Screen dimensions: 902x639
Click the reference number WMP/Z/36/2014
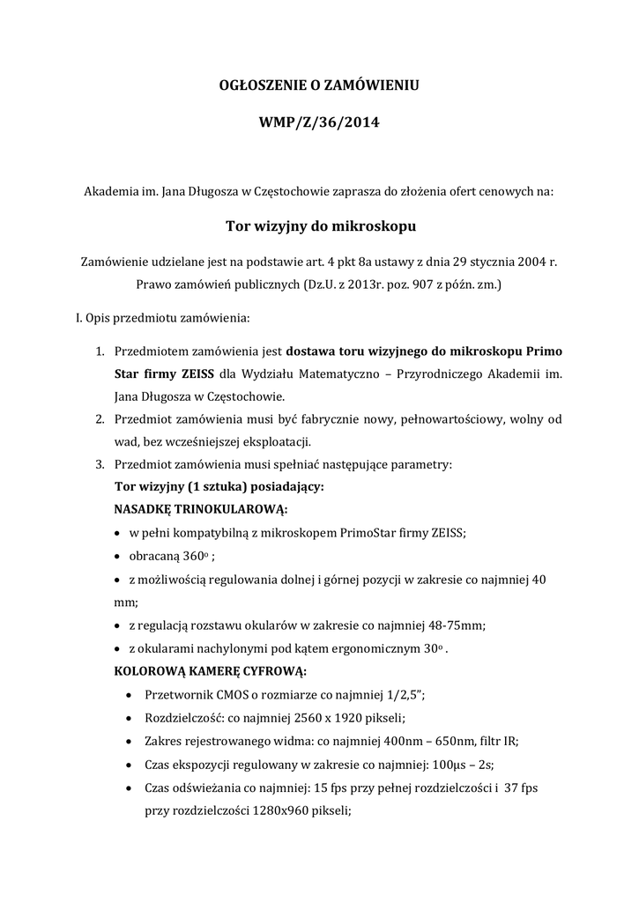pyautogui.click(x=319, y=123)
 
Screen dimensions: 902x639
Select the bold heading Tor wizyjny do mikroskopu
pyautogui.click(x=319, y=226)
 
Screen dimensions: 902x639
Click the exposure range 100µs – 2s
pyautogui.click(x=467, y=765)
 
